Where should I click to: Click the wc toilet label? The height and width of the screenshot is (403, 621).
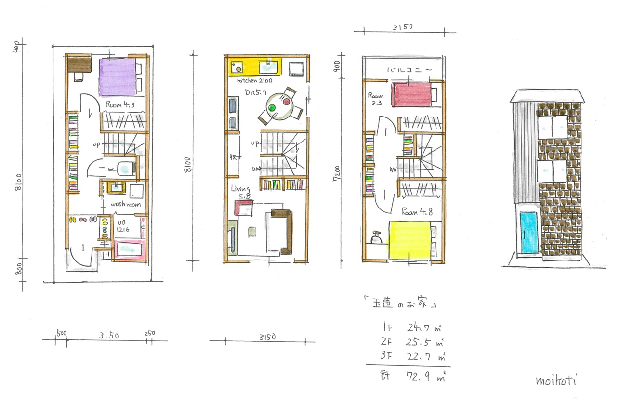[110, 169]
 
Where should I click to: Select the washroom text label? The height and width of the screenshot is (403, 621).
[126, 204]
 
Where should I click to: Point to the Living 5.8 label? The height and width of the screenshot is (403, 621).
[241, 192]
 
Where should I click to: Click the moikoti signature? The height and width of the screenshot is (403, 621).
[556, 380]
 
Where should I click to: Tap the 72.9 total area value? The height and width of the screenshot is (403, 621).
[418, 376]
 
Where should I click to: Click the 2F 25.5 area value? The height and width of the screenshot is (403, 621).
[418, 343]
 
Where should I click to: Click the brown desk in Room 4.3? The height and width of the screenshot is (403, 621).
[79, 64]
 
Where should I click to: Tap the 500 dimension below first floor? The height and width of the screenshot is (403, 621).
[61, 333]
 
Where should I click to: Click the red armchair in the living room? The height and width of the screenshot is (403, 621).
[244, 208]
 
